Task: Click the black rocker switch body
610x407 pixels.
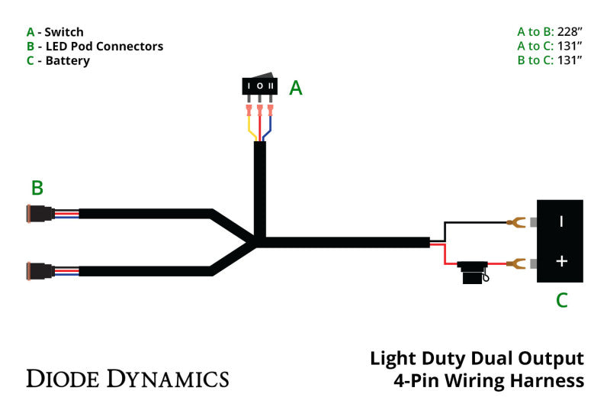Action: [260, 86]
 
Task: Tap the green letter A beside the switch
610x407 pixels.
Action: [296, 89]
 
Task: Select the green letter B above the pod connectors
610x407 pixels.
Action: [37, 188]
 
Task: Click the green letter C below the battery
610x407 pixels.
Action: [561, 300]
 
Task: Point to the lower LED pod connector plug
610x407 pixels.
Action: [40, 271]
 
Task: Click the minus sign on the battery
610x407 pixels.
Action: [561, 221]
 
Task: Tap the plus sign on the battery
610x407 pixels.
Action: [561, 261]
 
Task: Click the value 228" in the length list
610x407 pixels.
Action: [569, 32]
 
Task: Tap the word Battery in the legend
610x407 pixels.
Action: [67, 60]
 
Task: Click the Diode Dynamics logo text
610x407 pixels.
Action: [127, 378]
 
